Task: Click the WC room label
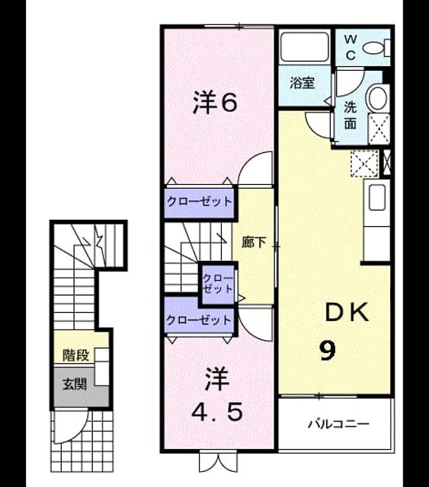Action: [351, 47]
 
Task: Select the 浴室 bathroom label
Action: [303, 83]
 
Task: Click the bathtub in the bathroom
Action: [304, 47]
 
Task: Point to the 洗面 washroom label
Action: [351, 115]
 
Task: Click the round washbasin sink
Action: [378, 98]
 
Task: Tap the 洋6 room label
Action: [216, 102]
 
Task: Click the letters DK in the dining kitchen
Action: [347, 312]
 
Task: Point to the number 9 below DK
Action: [328, 350]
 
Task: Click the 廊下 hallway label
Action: [254, 242]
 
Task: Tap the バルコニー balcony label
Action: [339, 424]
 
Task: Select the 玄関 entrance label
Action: [75, 384]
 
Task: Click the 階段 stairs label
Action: [76, 355]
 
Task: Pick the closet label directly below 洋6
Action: [200, 202]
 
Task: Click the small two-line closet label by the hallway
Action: [217, 284]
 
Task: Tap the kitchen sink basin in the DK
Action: [377, 197]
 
